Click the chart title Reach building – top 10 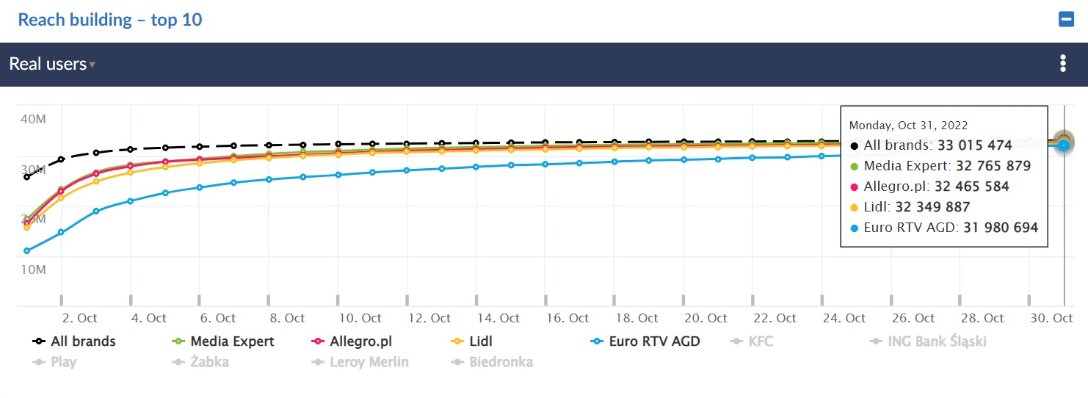click(x=110, y=20)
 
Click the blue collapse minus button click(x=1066, y=20)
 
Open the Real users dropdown click(x=52, y=64)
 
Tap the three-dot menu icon click(x=1062, y=64)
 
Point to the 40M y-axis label click(x=33, y=119)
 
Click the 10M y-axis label click(x=33, y=269)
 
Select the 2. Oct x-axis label click(x=79, y=318)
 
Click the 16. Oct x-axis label click(x=567, y=318)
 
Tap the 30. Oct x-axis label click(x=1051, y=318)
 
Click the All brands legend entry click(x=83, y=341)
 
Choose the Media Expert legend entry click(x=232, y=341)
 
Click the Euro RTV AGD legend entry click(x=654, y=341)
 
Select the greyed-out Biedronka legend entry click(x=501, y=362)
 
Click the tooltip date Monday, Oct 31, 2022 click(x=908, y=126)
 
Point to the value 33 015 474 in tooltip click(x=974, y=145)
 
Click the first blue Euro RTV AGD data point click(x=26, y=251)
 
